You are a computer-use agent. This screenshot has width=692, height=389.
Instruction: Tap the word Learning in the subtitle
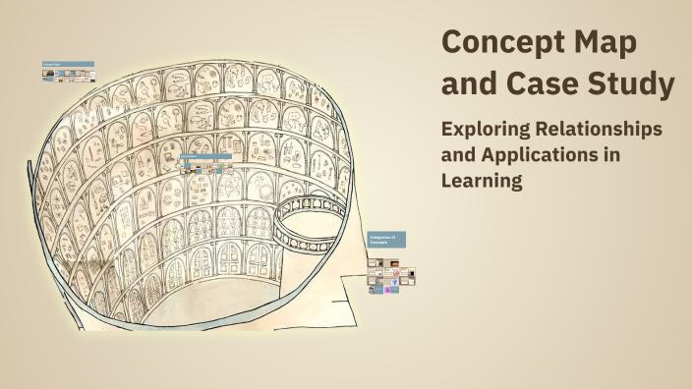[480, 181]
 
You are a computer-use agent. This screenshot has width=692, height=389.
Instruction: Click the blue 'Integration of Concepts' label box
[386, 239]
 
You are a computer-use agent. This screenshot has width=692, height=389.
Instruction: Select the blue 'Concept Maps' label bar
[68, 64]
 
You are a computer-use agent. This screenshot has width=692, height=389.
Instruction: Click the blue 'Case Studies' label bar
[204, 155]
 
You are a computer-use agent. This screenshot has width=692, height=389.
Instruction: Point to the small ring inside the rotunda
[308, 216]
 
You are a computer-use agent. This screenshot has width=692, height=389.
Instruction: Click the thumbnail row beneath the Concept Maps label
[68, 75]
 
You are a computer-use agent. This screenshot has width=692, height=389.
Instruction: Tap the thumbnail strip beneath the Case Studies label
[204, 167]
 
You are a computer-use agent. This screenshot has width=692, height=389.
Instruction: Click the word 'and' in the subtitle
[459, 155]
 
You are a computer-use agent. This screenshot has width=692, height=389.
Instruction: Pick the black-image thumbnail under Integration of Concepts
[411, 274]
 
